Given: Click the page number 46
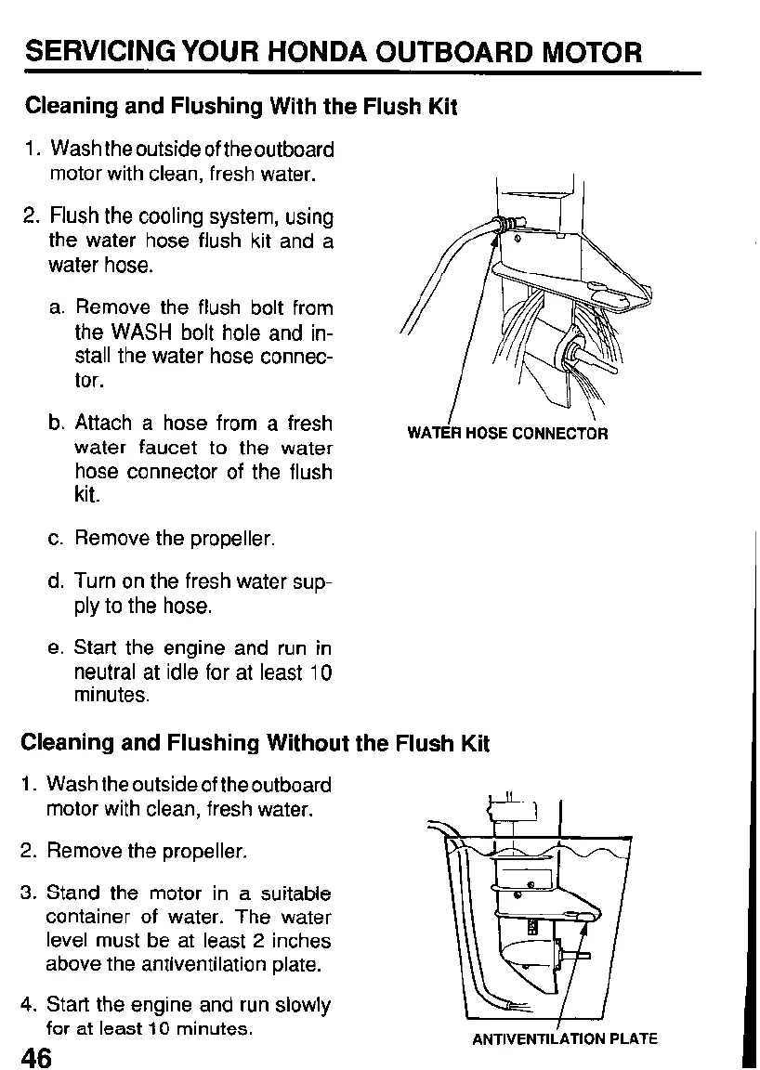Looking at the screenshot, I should [x=37, y=1056].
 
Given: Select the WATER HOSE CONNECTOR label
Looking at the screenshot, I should [x=507, y=433].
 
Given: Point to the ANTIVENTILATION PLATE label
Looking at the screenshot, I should [x=565, y=1038].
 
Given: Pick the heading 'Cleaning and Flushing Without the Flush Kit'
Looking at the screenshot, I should [x=254, y=743].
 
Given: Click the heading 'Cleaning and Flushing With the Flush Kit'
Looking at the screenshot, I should [x=242, y=106].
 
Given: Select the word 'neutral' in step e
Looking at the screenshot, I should [x=107, y=672].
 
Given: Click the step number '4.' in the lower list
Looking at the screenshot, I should [x=31, y=1005].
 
